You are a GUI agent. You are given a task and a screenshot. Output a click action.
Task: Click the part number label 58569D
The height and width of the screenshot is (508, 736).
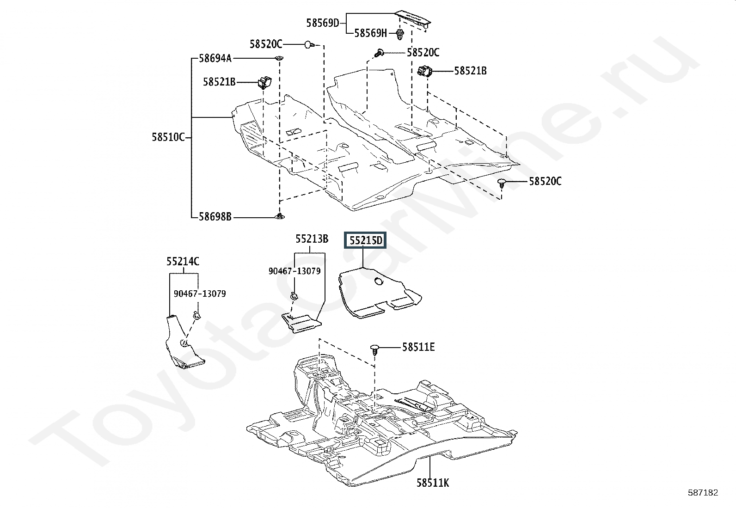(x=322, y=23)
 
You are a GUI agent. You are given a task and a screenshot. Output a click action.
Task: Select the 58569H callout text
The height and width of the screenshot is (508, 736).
(x=370, y=33)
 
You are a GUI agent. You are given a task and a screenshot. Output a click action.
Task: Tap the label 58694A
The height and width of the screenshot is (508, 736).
(x=215, y=59)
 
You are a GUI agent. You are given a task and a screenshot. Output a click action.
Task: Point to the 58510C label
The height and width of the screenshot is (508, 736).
(x=168, y=137)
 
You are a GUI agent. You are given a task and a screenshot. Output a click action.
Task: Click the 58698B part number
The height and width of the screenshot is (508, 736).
(x=215, y=217)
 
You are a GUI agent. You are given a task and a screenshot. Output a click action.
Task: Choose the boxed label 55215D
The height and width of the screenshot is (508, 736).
(x=365, y=240)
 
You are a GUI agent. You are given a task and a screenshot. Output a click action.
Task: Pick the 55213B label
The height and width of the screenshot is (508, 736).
(x=312, y=239)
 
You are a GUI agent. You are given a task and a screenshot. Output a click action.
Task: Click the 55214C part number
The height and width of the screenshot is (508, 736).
(x=183, y=262)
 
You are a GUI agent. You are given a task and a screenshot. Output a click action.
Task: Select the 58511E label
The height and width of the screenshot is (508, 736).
(x=418, y=347)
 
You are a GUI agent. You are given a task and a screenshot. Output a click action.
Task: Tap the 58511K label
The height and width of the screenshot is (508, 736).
(x=433, y=483)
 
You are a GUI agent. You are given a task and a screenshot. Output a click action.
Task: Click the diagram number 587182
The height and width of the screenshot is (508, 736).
(x=703, y=493)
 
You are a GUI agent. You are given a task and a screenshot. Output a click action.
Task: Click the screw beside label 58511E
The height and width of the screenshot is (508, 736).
(x=375, y=349)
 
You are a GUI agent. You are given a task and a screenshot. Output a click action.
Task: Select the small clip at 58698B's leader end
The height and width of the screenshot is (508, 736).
(x=279, y=216)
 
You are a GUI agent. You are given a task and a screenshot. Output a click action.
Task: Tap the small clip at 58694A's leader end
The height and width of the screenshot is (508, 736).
(x=279, y=59)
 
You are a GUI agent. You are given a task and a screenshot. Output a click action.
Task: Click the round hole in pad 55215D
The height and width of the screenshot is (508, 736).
(x=379, y=281)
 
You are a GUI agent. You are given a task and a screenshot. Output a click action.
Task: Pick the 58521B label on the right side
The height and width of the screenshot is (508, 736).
(x=470, y=71)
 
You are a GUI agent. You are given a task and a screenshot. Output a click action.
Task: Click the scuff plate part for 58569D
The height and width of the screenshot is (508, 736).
(x=412, y=20)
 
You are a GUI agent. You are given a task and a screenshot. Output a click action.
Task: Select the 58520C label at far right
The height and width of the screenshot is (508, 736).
(x=545, y=181)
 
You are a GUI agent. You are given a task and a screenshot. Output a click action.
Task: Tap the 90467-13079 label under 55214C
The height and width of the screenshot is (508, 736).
(x=200, y=294)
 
